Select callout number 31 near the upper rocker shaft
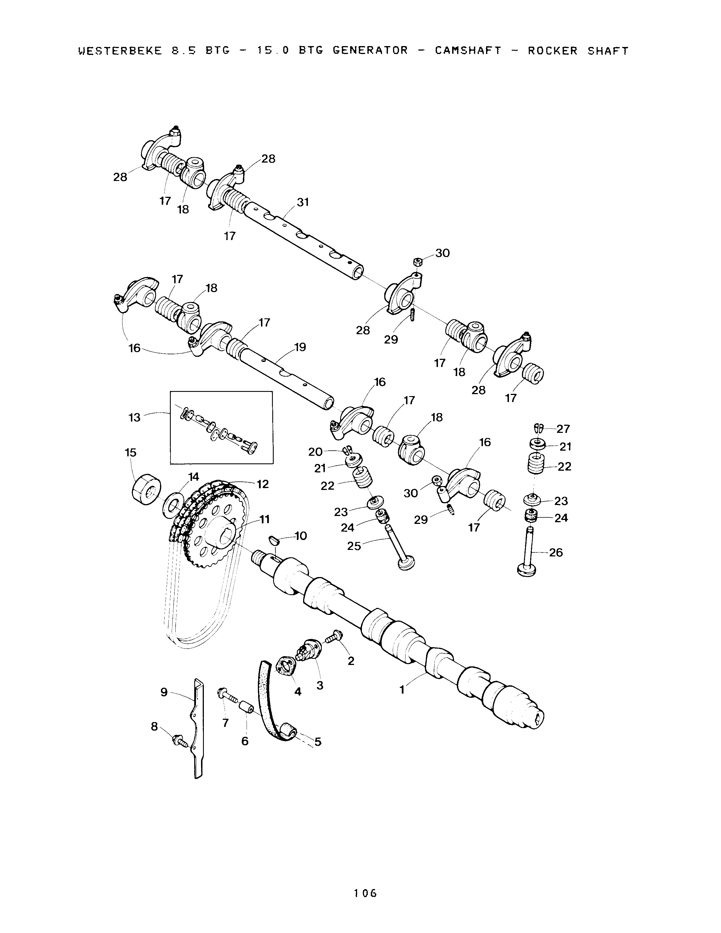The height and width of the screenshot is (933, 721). (x=303, y=202)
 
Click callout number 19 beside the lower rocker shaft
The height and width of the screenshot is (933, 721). (x=300, y=347)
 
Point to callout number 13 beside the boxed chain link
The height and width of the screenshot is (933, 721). (x=135, y=417)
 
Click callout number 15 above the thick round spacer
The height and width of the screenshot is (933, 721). (x=130, y=452)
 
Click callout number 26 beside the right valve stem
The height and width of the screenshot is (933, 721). (x=556, y=553)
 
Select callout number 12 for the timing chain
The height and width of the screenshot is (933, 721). (x=262, y=484)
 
